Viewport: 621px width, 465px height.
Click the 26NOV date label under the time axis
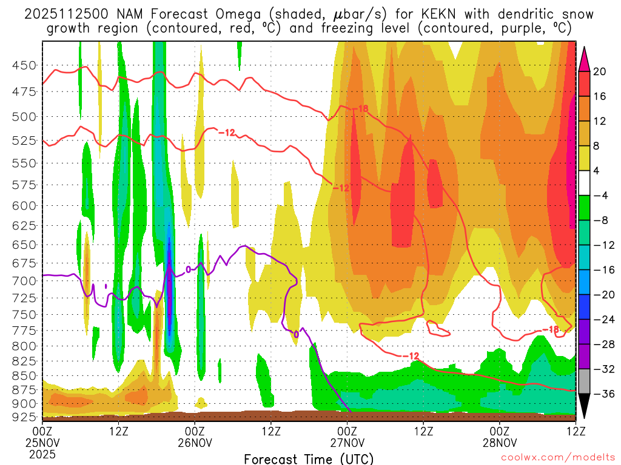tap(195, 443)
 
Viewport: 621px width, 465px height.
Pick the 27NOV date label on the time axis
tap(347, 443)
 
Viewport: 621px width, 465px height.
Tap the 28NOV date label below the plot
tap(499, 443)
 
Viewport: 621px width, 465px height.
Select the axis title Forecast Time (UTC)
tap(309, 458)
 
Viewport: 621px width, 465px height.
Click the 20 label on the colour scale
tap(600, 71)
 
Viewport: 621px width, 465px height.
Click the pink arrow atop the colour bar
tap(585, 59)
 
